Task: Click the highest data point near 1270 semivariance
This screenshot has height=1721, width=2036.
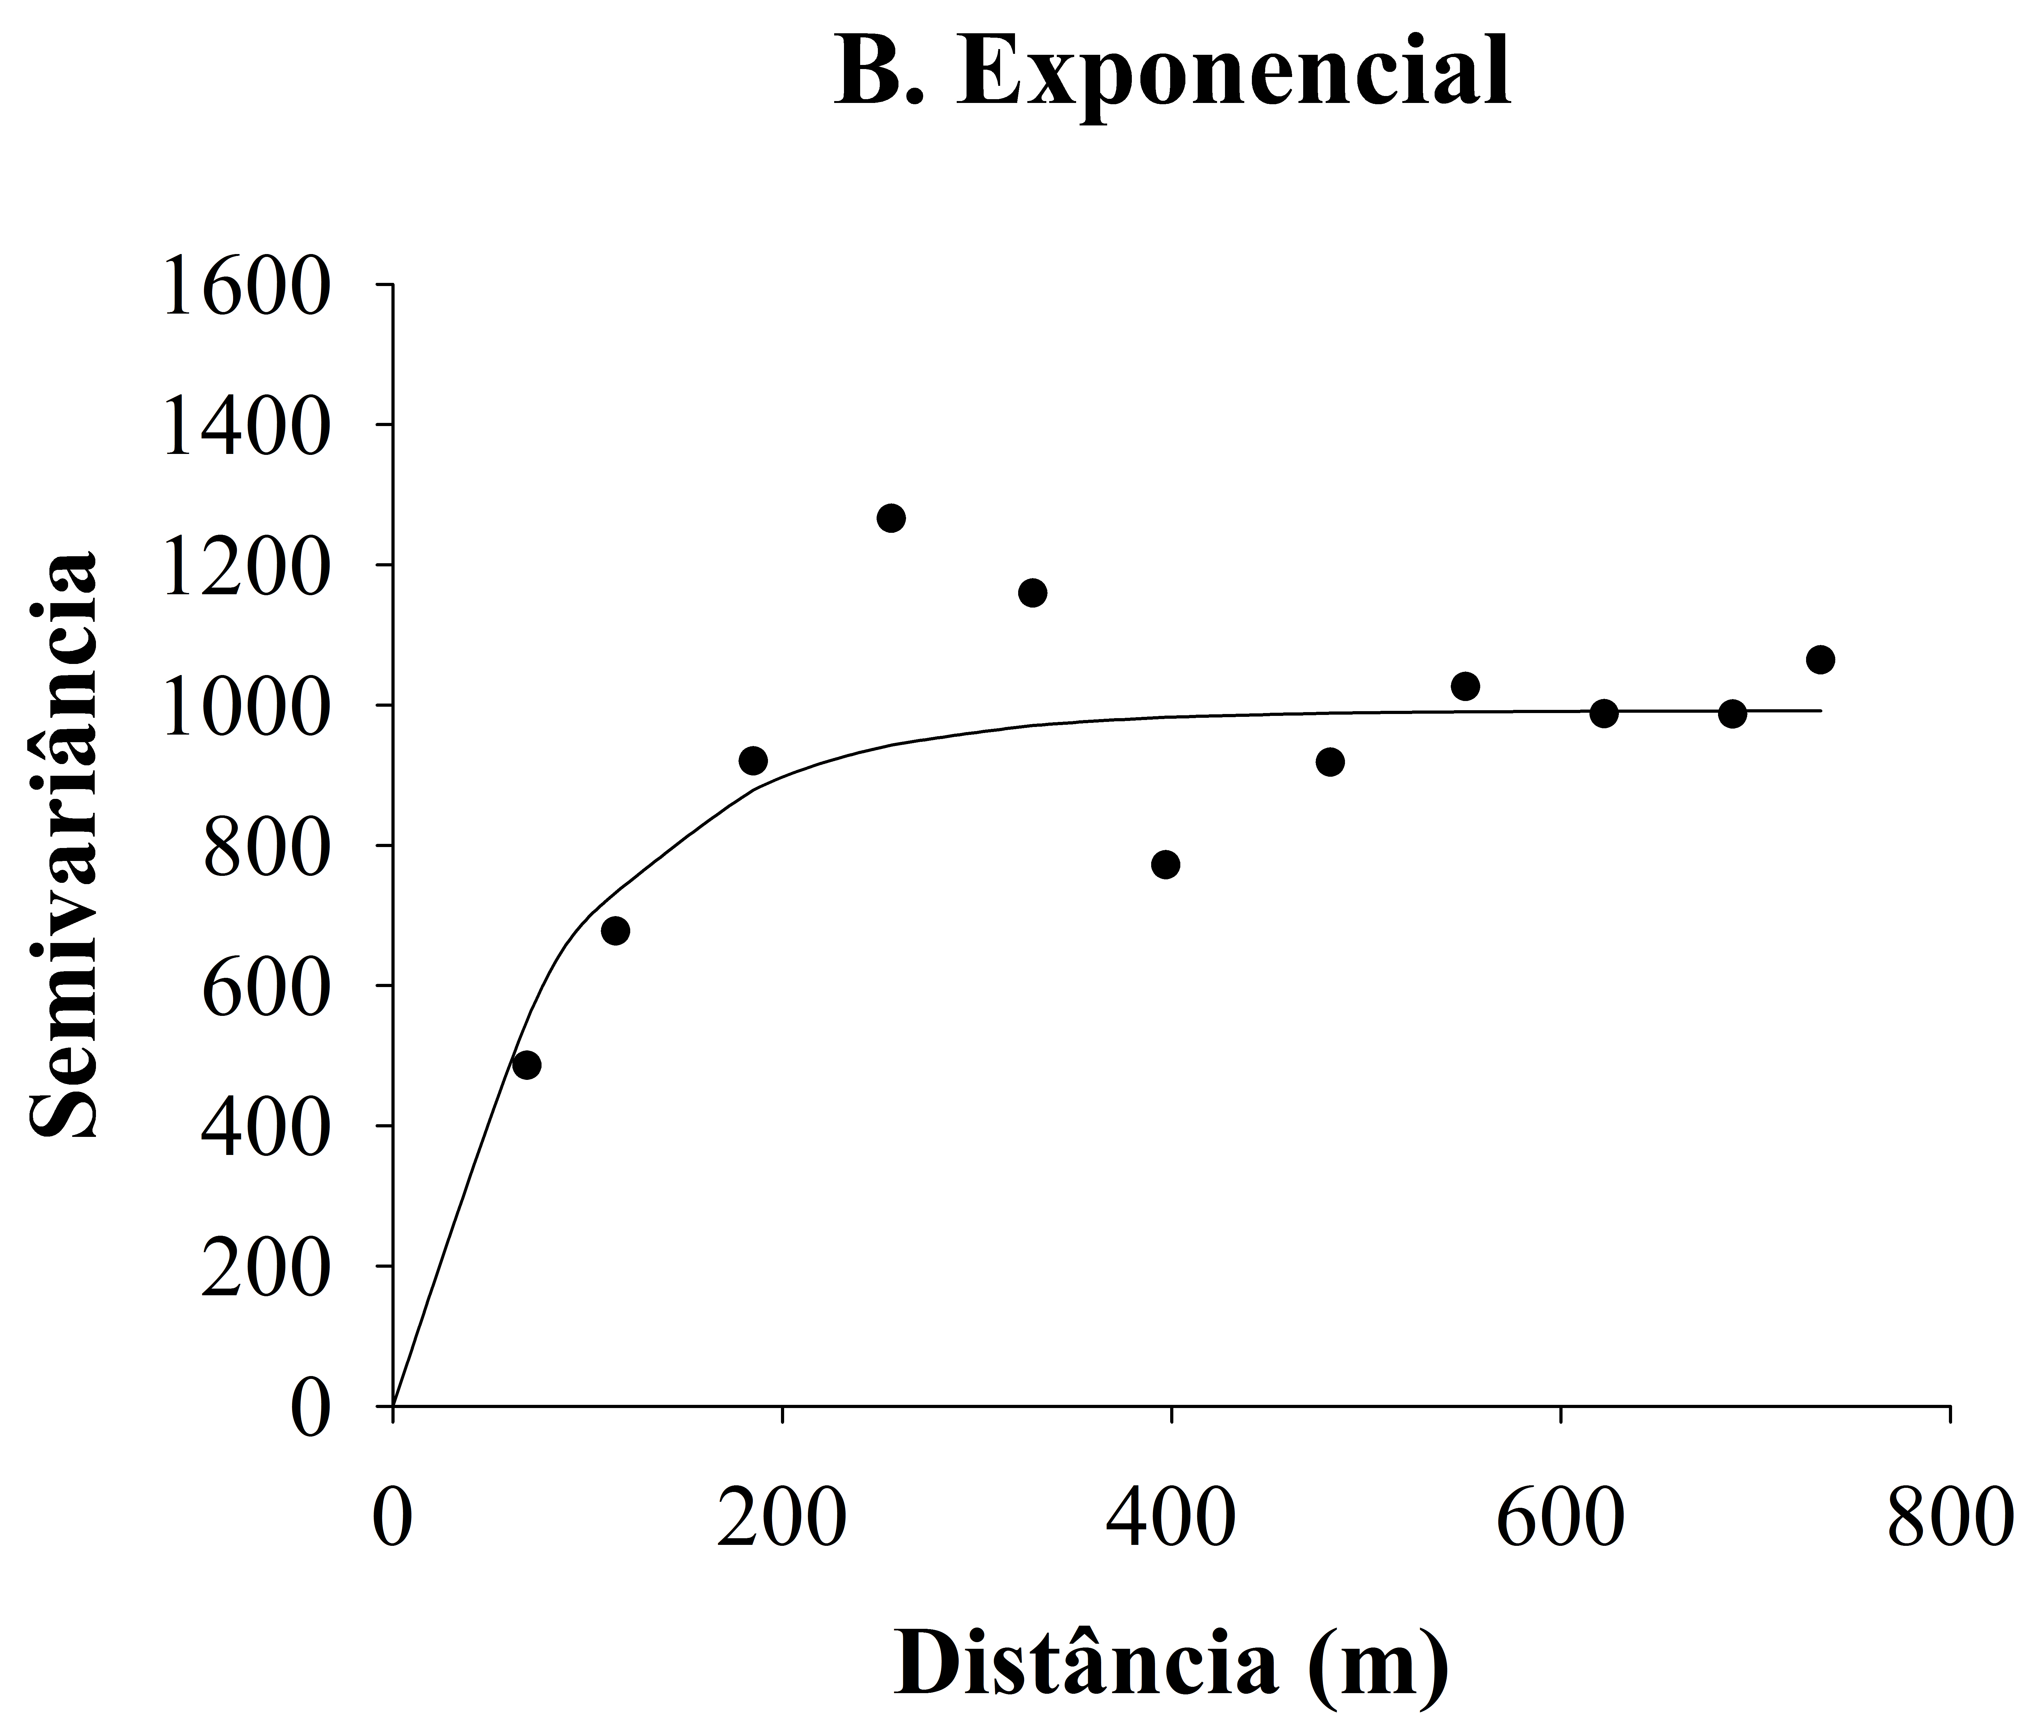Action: tap(891, 518)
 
